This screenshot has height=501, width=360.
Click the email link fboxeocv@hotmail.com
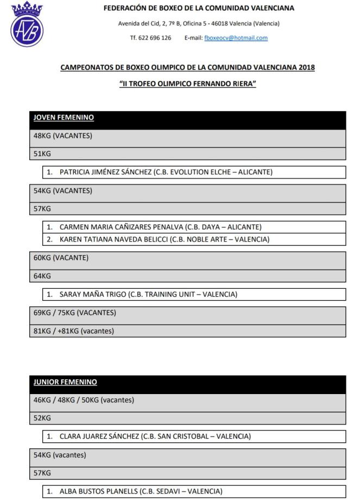(236, 38)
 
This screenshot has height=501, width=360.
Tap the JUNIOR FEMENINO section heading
(65, 382)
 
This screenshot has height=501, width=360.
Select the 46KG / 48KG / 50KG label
(83, 401)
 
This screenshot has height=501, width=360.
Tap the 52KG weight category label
(42, 418)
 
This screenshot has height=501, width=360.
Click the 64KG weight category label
(42, 276)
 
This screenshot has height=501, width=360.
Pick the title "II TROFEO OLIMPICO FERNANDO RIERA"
(187, 84)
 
